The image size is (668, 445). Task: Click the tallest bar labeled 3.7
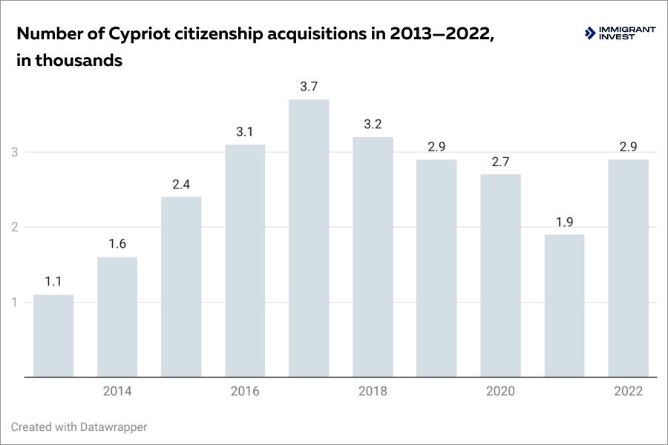click(309, 237)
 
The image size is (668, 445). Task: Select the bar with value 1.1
click(53, 335)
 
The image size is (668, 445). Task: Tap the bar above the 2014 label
click(117, 317)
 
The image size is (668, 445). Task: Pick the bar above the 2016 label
click(245, 260)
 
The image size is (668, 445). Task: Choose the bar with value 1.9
click(564, 306)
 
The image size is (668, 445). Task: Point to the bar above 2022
click(628, 268)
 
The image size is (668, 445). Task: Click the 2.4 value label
click(181, 183)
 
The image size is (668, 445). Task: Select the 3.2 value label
click(373, 124)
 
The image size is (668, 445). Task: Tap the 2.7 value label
click(500, 161)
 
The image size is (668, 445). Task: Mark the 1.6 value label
click(117, 244)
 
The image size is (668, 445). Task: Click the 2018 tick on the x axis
click(373, 392)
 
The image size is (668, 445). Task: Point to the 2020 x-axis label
click(500, 392)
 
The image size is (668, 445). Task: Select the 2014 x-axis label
click(117, 392)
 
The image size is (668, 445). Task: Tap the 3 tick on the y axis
click(14, 152)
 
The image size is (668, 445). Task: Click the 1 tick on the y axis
click(14, 302)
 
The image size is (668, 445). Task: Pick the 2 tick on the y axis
click(14, 227)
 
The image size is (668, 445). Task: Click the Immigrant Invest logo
click(620, 33)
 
